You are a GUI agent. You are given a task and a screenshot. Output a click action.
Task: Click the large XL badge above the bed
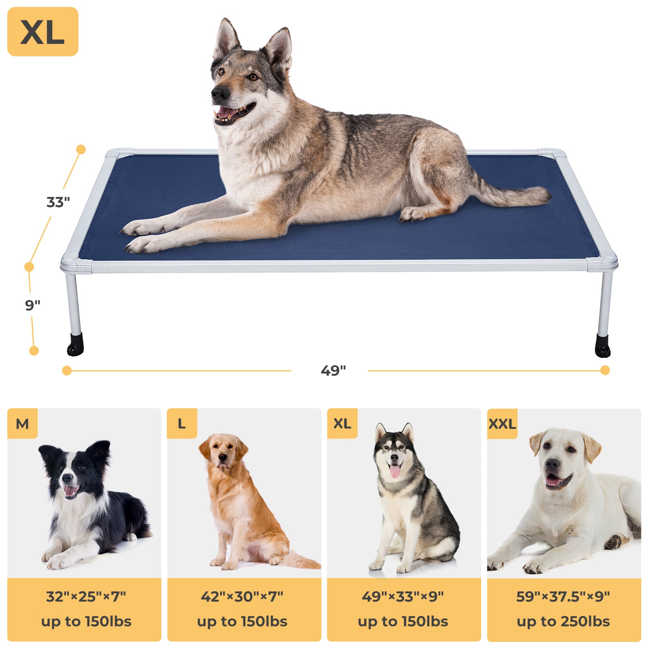pyautogui.click(x=43, y=32)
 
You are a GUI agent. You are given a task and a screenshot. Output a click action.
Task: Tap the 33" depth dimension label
pyautogui.click(x=58, y=202)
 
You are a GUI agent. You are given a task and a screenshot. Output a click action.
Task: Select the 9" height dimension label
pyautogui.click(x=33, y=305)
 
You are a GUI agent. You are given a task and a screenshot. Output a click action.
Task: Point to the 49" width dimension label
pyautogui.click(x=333, y=370)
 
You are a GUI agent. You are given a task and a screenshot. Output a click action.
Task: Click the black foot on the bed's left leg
pyautogui.click(x=75, y=345)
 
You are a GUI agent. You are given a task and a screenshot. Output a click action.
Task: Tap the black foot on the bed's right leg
pyautogui.click(x=602, y=346)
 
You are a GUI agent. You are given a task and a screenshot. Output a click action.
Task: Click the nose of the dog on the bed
pyautogui.click(x=220, y=94)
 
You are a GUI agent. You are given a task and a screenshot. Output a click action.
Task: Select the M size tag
pyautogui.click(x=22, y=424)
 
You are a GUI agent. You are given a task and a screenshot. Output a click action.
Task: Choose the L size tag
pyautogui.click(x=182, y=424)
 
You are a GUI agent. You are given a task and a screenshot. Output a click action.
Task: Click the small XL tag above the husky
pyautogui.click(x=342, y=424)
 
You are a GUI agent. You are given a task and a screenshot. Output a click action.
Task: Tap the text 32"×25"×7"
pyautogui.click(x=86, y=597)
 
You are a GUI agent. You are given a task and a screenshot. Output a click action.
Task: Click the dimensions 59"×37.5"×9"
pyautogui.click(x=563, y=597)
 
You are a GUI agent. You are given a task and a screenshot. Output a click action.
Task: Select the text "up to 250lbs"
pyautogui.click(x=563, y=621)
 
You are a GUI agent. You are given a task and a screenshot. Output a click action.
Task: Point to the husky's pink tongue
pyautogui.click(x=395, y=471)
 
